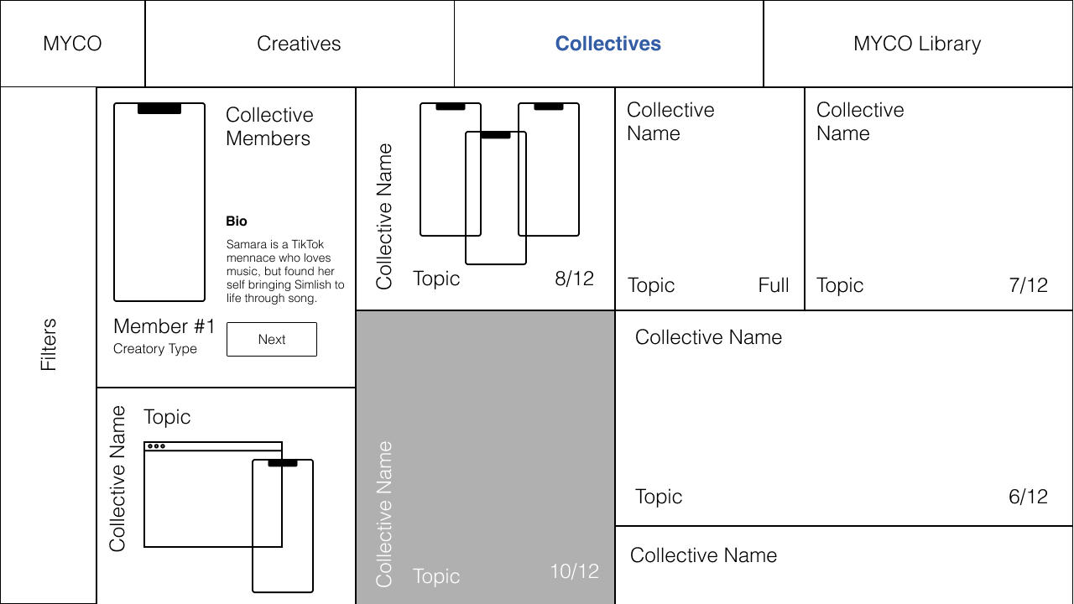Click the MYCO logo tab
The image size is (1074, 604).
(72, 44)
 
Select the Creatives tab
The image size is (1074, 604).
(299, 44)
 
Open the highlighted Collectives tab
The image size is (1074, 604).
(608, 44)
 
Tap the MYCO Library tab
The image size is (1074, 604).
(917, 44)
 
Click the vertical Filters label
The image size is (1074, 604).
(49, 344)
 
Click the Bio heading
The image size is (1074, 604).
(237, 221)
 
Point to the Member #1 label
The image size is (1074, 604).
(164, 326)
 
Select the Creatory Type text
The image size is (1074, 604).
(155, 349)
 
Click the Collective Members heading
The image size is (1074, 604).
(269, 127)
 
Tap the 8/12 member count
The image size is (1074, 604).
(574, 279)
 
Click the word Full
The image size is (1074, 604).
(774, 285)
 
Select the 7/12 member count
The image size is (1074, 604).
(1028, 285)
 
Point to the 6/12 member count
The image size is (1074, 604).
(1028, 497)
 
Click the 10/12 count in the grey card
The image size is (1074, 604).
(574, 571)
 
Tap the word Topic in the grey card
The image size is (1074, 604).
(436, 576)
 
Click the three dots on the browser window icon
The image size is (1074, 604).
(156, 446)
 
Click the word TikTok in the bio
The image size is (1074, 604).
(307, 245)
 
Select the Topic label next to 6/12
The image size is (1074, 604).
(659, 497)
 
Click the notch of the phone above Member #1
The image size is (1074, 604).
(159, 109)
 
